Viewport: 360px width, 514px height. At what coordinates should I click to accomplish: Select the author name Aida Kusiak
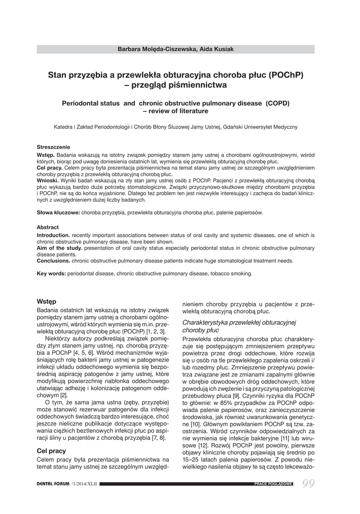216,49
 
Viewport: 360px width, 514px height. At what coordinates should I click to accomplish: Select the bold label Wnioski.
48,180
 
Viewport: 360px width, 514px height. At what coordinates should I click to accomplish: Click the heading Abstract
48,227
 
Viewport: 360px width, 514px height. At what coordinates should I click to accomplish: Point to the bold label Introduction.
53,235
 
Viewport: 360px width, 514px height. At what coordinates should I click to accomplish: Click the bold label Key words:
51,274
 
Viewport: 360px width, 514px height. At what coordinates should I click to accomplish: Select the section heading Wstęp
47,301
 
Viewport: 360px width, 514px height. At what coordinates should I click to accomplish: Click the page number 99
310,483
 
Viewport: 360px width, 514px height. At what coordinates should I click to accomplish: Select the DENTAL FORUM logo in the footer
53,483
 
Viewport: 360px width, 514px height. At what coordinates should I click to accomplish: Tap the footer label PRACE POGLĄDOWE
274,483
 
